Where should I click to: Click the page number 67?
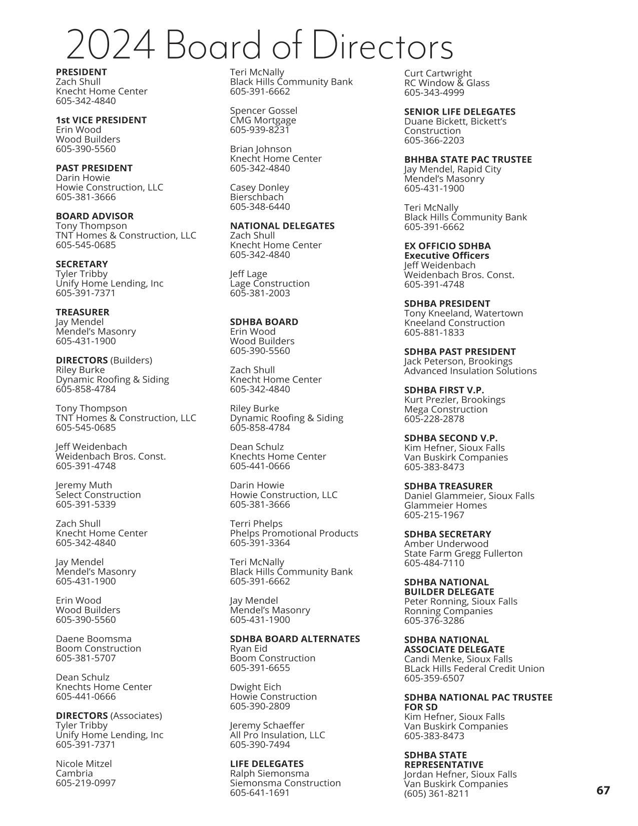pos(603,790)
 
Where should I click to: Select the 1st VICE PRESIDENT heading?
pos(101,120)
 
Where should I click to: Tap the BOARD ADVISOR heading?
pos(95,216)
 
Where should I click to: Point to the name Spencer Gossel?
pos(263,111)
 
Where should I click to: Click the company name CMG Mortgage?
pos(263,120)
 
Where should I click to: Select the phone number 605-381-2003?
pos(260,293)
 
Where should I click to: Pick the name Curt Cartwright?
pos(438,74)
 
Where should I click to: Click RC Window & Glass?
pos(446,83)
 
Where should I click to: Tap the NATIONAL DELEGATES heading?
pos(282,226)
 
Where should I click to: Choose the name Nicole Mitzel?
pos(84,764)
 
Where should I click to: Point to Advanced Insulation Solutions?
pos(470,371)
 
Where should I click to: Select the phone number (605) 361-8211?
pos(436,793)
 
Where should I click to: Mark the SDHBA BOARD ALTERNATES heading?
pos(295,639)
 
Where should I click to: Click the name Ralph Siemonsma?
pos(269,773)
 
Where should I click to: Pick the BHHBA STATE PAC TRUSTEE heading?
pos(468,160)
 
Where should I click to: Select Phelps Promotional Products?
pos(294,534)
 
